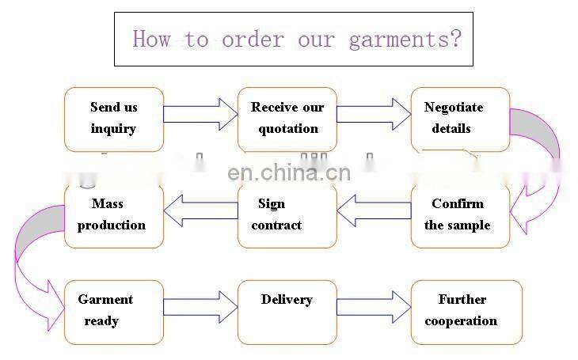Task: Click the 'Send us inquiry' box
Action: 114,119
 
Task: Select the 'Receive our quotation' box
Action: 287,119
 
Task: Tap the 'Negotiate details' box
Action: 460,119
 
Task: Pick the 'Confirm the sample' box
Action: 460,215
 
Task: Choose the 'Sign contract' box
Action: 287,215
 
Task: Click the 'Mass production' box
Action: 114,215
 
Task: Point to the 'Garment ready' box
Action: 114,312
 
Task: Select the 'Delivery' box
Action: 287,312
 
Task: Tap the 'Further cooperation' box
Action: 466,312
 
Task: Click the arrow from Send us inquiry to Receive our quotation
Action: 200,113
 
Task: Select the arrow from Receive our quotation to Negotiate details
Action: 373,113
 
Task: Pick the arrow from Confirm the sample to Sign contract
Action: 374,209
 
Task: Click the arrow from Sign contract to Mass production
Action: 200,209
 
